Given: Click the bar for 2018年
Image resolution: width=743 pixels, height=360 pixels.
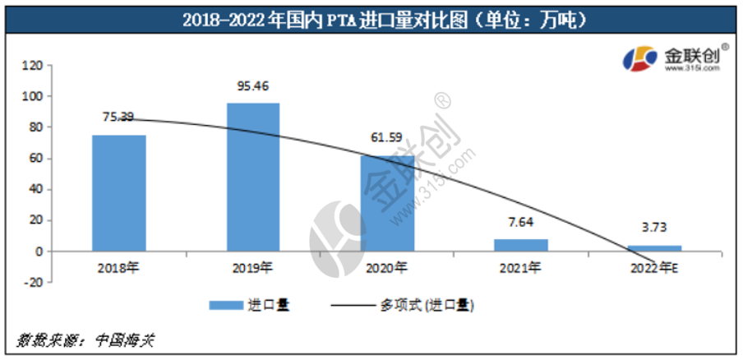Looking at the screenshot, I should [x=119, y=193].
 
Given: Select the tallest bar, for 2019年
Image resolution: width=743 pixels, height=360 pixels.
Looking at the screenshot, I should [x=253, y=177].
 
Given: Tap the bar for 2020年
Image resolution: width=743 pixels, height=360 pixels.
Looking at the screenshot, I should [x=388, y=203].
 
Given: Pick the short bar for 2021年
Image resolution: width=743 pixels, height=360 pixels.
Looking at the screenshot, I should [x=521, y=245].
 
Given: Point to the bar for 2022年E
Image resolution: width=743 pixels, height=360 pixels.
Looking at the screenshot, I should [x=655, y=248].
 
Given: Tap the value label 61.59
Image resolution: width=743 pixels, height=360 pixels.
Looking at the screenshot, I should [x=388, y=137].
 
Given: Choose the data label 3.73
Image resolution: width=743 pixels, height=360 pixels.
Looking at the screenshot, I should [x=655, y=227].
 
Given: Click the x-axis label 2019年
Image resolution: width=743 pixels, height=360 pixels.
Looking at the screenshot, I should [x=253, y=268].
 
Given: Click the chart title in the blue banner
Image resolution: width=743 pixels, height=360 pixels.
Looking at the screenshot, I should [x=371, y=17].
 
